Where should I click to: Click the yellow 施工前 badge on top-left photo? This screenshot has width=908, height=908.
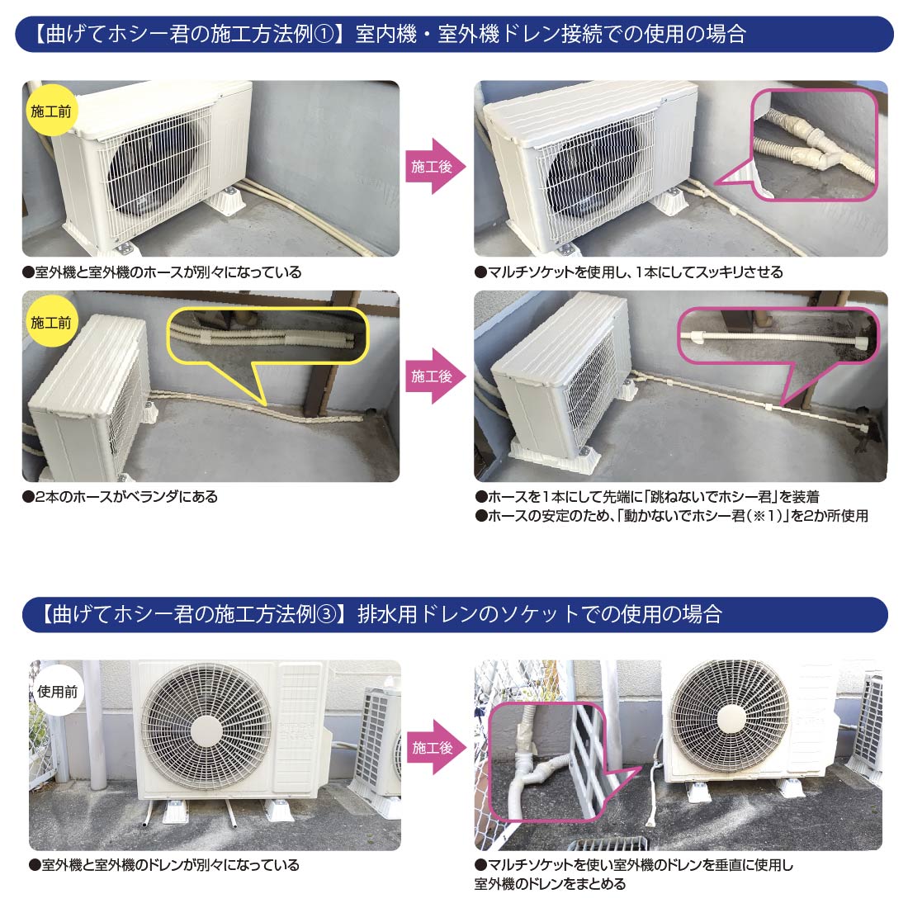(x=50, y=110)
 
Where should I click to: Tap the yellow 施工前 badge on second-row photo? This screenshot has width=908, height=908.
(x=50, y=322)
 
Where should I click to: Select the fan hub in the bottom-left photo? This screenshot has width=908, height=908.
(x=206, y=728)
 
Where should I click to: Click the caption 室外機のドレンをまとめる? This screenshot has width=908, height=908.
(x=550, y=884)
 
